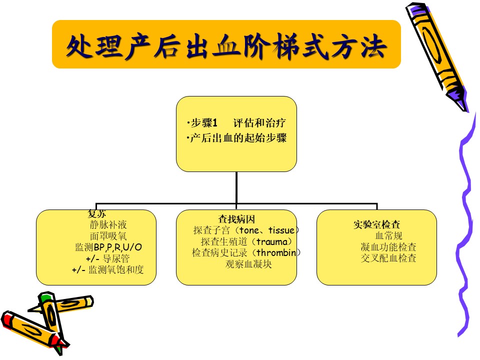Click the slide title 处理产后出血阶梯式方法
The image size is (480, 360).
(226, 46)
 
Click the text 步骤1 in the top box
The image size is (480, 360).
(204, 123)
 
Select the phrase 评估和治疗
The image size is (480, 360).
(259, 123)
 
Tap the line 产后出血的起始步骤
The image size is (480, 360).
(238, 138)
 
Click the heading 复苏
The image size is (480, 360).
(96, 213)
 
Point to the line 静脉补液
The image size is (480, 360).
(108, 224)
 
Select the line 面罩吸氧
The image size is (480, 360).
(108, 235)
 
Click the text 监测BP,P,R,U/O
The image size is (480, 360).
(108, 247)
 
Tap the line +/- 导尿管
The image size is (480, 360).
(108, 258)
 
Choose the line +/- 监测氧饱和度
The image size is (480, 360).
(108, 269)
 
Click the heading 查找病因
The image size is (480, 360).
(236, 219)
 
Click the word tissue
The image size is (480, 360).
(281, 230)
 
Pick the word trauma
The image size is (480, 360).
(272, 241)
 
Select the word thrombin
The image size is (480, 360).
(276, 252)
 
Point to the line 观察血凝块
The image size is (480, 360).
(248, 264)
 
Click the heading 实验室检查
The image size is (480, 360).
(376, 224)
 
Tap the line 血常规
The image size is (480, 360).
(388, 235)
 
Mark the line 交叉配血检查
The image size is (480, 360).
(388, 258)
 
